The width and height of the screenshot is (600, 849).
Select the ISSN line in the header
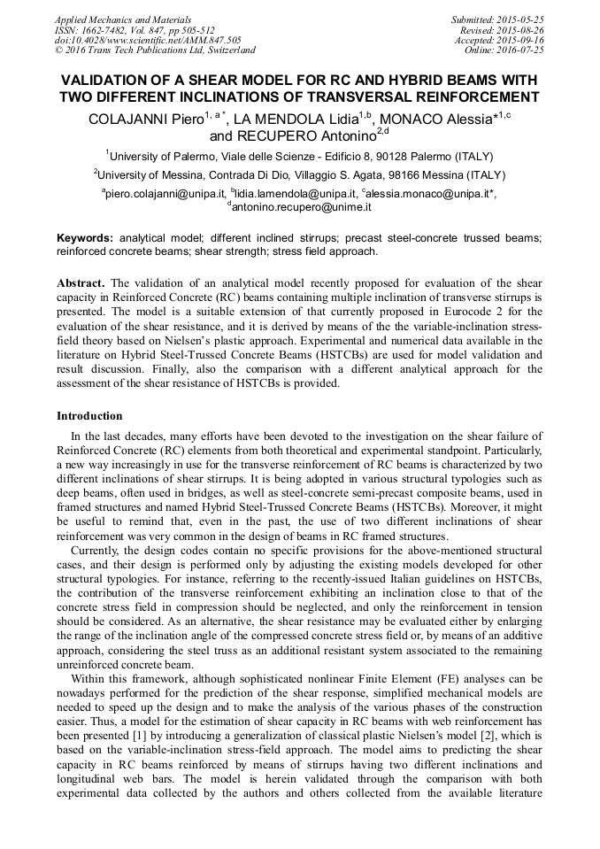134,29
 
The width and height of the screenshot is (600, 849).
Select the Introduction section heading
89,415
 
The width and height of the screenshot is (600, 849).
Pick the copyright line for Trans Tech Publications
154,50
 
